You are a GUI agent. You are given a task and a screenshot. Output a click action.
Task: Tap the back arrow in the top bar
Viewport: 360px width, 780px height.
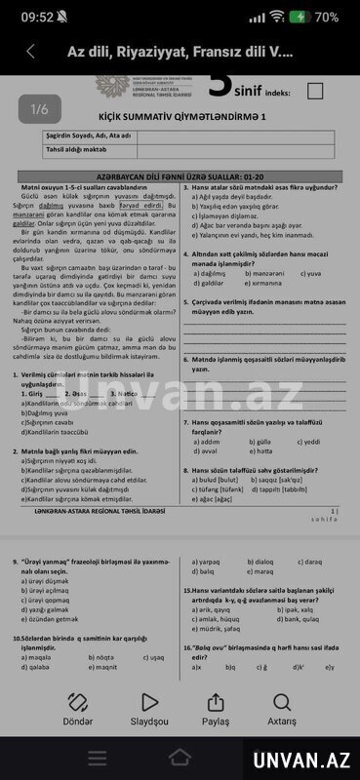(x=30, y=52)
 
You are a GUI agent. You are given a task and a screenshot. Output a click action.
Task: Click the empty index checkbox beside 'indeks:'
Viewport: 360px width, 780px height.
(x=314, y=91)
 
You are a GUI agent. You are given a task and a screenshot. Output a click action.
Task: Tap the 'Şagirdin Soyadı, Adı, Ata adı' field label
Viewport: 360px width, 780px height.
(x=90, y=135)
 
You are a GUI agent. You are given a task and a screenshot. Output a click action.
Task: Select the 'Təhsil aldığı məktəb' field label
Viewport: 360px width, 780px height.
(x=77, y=149)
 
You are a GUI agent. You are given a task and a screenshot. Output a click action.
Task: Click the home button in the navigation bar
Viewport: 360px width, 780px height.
(x=180, y=758)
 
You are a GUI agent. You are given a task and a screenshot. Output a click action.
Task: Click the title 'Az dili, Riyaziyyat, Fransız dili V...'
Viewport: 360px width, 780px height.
(x=180, y=52)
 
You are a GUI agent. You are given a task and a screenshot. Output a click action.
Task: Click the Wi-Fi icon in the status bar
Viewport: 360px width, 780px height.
(x=277, y=17)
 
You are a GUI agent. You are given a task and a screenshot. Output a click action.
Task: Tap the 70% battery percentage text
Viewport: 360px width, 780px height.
(x=328, y=17)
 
